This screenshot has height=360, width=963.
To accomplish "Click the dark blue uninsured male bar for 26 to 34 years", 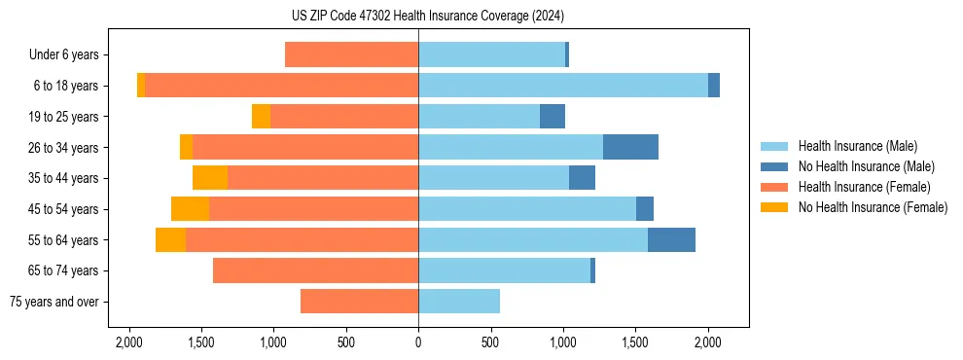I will point(630,147).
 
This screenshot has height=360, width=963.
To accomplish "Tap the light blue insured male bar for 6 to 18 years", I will point(563,86).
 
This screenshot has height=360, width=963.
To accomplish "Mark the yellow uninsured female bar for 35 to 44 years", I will point(210,178).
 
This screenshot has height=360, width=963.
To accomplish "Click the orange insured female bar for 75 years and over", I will point(359,302).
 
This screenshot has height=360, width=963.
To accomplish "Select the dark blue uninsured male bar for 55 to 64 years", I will point(671,239).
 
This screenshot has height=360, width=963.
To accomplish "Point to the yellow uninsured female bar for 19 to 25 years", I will point(261,117).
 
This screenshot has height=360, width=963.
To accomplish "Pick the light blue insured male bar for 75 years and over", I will point(459,302).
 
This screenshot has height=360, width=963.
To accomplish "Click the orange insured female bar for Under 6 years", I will point(351,55).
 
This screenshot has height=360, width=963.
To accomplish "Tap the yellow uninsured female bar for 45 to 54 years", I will point(190,209).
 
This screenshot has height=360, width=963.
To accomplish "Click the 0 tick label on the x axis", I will point(418,342).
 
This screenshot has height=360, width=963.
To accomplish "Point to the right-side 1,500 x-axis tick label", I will point(635,342).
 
